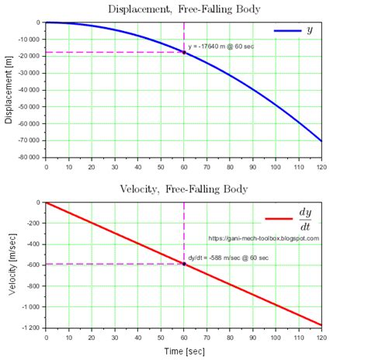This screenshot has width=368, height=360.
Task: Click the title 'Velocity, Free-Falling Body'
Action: click(183, 189)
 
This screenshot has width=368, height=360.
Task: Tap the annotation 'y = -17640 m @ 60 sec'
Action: click(221, 47)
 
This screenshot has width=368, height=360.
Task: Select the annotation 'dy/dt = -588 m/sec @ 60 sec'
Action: click(229, 257)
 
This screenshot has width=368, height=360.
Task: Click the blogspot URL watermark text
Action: click(264, 238)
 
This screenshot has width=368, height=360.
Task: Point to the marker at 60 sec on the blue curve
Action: click(184, 52)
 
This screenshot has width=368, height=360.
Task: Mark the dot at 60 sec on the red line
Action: click(184, 264)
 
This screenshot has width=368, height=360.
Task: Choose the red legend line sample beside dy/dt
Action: click(279, 220)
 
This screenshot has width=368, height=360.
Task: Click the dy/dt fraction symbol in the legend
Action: click(305, 220)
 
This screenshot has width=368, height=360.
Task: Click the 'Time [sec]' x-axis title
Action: click(183, 351)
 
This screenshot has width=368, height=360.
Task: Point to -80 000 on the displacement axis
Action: click(26, 157)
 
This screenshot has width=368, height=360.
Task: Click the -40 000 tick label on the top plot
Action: click(26, 89)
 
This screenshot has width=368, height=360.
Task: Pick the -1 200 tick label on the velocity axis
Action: click(30, 327)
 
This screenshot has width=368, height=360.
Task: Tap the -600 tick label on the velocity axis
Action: click(32, 265)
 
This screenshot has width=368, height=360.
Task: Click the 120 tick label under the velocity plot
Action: click(320, 337)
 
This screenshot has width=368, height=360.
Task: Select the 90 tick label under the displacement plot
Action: click(252, 166)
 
